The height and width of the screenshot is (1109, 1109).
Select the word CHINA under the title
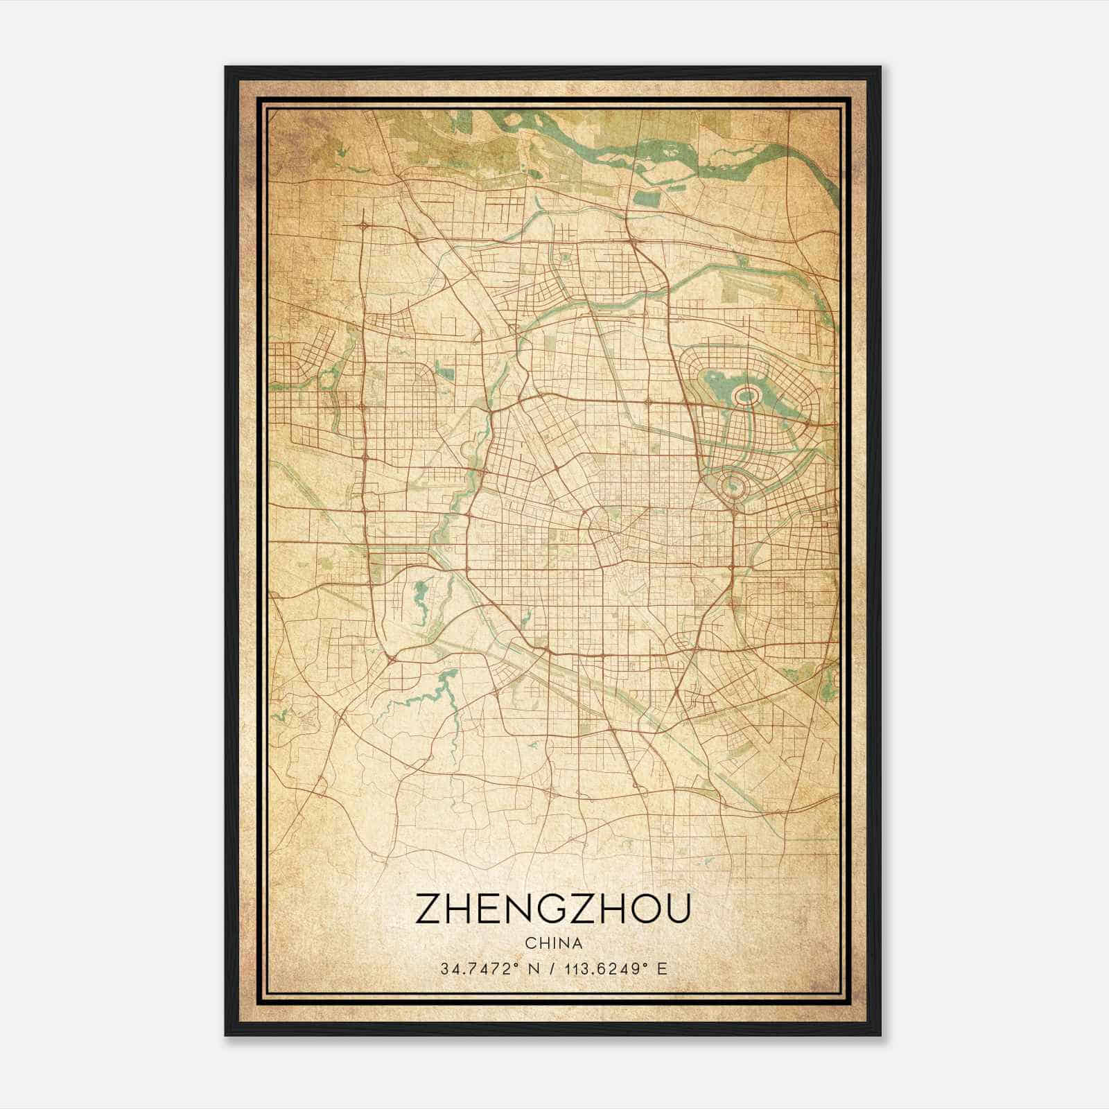(553, 943)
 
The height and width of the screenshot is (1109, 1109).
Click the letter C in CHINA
(530, 943)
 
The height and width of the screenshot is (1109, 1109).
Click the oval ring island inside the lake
(746, 396)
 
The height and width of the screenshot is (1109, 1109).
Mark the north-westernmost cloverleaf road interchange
(363, 226)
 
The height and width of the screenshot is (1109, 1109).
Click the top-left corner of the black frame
(227, 68)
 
